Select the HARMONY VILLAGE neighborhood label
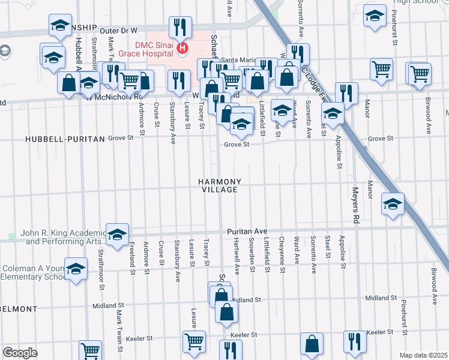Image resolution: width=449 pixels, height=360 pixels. tap(220, 185)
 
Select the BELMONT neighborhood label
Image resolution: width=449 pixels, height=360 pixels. tap(18, 309)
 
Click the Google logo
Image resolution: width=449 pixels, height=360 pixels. tap(20, 352)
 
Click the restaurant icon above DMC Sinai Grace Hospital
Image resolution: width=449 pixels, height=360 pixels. tap(180, 27)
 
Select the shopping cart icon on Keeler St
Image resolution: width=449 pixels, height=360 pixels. tap(194, 341)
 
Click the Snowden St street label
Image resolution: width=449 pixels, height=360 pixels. tap(252, 257)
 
